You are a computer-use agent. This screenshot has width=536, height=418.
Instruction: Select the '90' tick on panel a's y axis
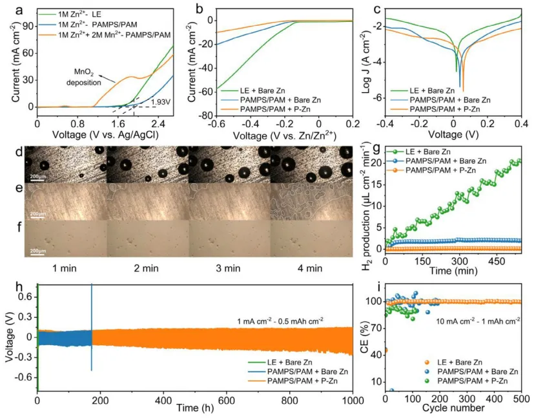point(27,24)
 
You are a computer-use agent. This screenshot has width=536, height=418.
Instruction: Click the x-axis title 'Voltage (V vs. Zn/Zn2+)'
point(283,135)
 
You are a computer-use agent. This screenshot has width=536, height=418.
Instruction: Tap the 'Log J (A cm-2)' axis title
point(369,63)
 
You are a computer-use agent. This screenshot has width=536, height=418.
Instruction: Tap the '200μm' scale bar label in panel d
point(36,175)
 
